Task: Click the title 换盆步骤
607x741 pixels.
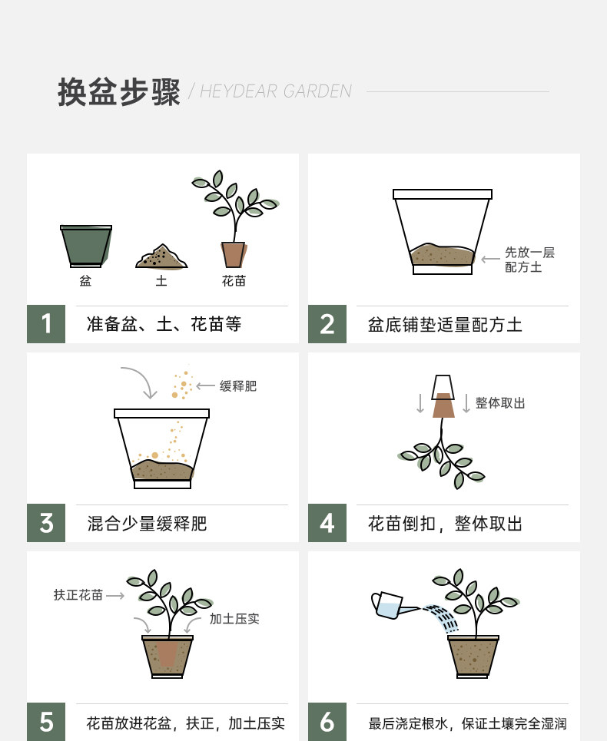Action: click(x=118, y=92)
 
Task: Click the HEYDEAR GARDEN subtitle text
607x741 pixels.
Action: click(x=276, y=91)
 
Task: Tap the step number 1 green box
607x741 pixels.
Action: click(x=46, y=324)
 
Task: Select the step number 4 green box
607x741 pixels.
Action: click(x=327, y=523)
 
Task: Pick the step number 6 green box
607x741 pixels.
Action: click(x=327, y=722)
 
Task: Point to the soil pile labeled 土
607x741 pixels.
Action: click(x=161, y=256)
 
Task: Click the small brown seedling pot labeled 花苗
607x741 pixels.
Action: click(x=234, y=255)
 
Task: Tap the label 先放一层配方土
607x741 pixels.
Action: click(x=529, y=260)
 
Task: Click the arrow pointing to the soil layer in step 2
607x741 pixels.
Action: click(x=490, y=259)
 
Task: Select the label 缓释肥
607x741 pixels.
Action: click(x=237, y=386)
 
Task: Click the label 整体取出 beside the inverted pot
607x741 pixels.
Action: click(x=500, y=403)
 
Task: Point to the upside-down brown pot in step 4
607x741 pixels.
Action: click(x=443, y=405)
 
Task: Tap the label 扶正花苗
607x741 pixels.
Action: click(x=78, y=595)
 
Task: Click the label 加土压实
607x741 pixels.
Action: click(x=234, y=619)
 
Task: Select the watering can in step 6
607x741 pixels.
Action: click(x=394, y=605)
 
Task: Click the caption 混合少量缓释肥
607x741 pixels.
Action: click(x=147, y=524)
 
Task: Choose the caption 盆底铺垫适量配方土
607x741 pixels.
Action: click(x=445, y=325)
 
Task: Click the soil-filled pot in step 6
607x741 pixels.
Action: click(x=473, y=657)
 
